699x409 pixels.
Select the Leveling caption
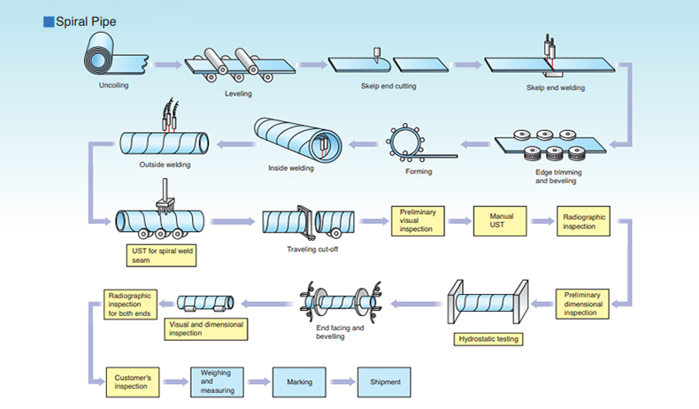[238, 93]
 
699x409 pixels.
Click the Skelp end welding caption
[555, 88]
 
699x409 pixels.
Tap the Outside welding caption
[164, 164]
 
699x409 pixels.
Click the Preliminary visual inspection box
[418, 220]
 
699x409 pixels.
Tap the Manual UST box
[501, 220]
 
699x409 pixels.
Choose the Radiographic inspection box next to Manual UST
[583, 220]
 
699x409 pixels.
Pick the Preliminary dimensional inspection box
[583, 304]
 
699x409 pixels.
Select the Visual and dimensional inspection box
[206, 328]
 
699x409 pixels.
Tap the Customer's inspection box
[132, 382]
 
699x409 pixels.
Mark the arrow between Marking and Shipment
[341, 382]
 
